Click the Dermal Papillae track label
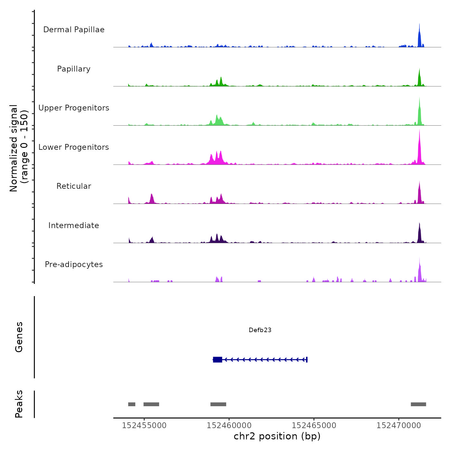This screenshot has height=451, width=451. click(74, 30)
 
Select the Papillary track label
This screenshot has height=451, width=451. click(74, 69)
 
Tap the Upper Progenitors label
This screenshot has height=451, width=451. click(74, 108)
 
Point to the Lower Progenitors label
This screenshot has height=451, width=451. click(74, 147)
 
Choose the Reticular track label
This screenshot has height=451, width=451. click(74, 186)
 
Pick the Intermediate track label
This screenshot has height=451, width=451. click(74, 225)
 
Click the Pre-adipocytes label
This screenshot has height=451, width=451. click(74, 264)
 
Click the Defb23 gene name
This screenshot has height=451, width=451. click(260, 330)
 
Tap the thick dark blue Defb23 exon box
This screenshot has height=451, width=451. click(217, 360)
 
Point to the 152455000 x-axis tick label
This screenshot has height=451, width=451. click(144, 426)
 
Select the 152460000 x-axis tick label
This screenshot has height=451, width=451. click(229, 426)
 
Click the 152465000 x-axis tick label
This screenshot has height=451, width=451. click(314, 426)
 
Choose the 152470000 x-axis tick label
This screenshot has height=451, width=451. click(398, 426)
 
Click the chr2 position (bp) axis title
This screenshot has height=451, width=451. click(277, 436)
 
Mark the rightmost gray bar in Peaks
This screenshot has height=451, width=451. click(418, 404)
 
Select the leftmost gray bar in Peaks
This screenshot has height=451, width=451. click(132, 404)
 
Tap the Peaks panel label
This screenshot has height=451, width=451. click(19, 404)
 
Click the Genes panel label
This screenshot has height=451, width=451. click(19, 337)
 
